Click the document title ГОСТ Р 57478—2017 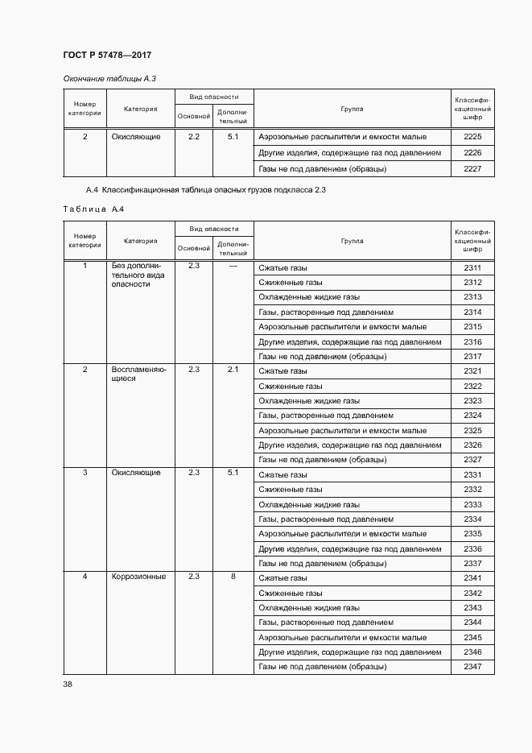click(107, 55)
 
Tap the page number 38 click(68, 684)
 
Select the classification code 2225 click(472, 137)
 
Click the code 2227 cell click(472, 169)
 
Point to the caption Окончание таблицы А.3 click(109, 78)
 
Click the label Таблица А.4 click(93, 209)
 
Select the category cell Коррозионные click(138, 577)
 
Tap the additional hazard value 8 click(233, 577)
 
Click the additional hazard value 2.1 click(233, 370)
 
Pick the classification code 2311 click(472, 267)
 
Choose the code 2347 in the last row click(472, 667)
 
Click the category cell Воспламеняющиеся click(138, 374)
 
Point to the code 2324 click(472, 416)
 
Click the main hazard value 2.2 click(193, 137)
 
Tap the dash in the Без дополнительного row click(233, 266)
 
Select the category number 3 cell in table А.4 click(85, 473)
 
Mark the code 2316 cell click(472, 341)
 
